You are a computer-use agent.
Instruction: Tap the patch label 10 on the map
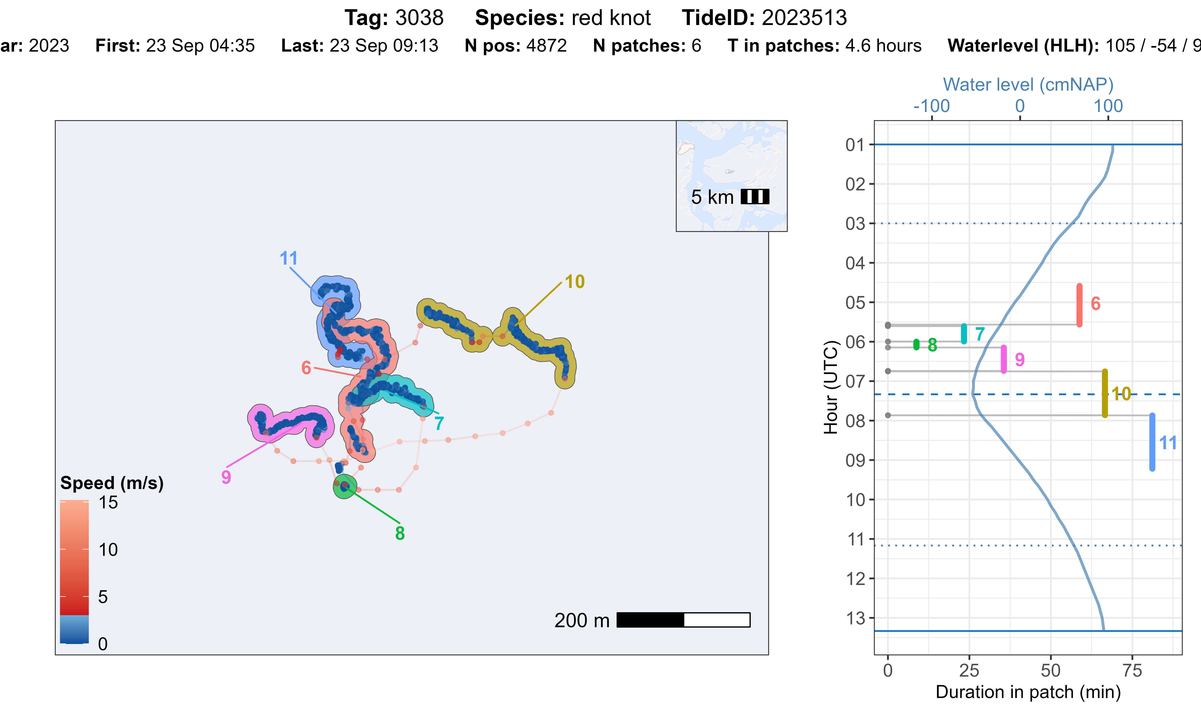click(574, 281)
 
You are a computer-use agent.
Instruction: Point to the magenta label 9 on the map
click(226, 477)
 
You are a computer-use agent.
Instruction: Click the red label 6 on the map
click(306, 368)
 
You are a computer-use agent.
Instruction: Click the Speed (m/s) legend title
click(112, 483)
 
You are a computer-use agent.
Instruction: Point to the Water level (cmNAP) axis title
click(1028, 84)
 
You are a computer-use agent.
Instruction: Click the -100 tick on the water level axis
click(931, 106)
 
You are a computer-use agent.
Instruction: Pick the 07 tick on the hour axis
click(855, 381)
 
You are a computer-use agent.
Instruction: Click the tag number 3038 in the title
click(419, 18)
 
